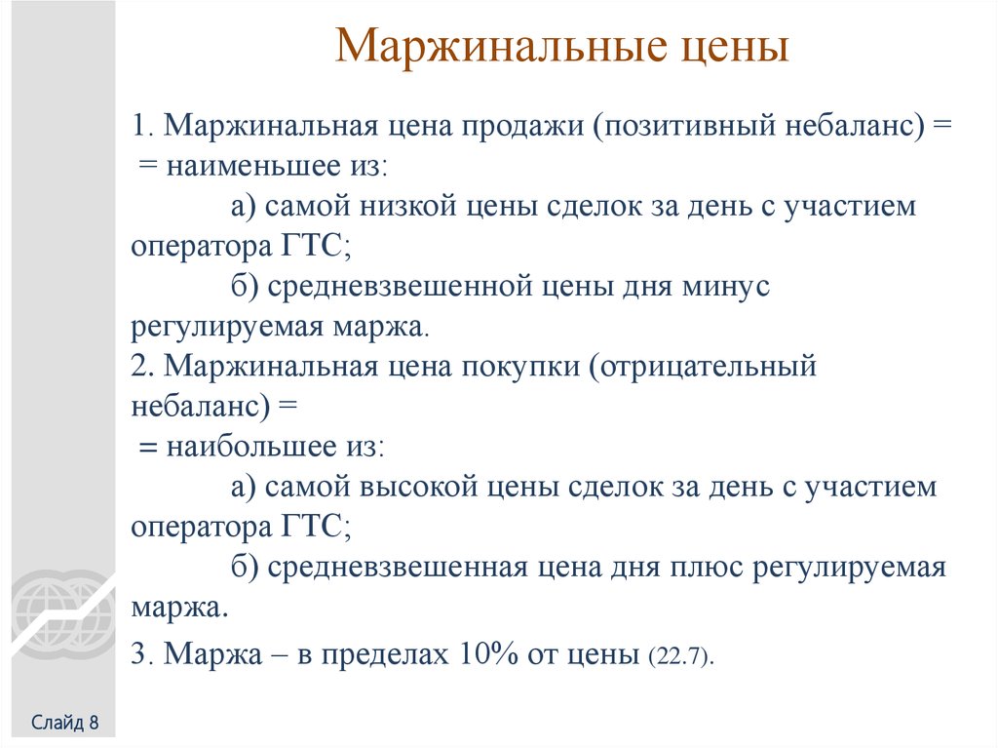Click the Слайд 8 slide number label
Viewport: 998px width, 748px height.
pos(65,723)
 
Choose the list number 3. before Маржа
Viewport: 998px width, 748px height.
pos(143,654)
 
